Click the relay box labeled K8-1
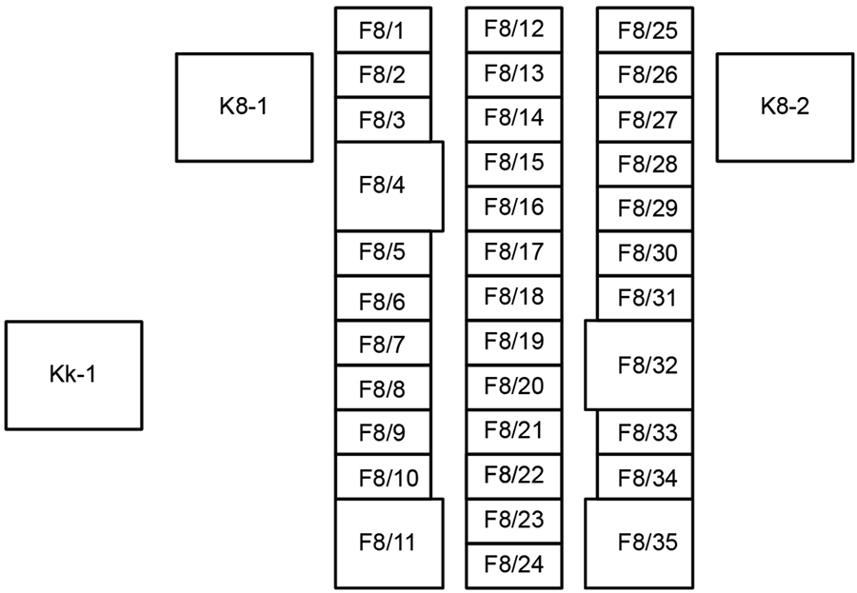click(x=244, y=107)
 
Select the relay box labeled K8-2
click(x=784, y=107)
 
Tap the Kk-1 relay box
click(x=73, y=375)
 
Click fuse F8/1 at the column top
click(x=383, y=30)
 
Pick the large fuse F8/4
click(x=389, y=187)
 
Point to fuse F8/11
click(x=389, y=543)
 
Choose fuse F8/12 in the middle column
click(x=513, y=29)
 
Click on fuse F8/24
click(x=513, y=565)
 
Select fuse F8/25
click(x=648, y=31)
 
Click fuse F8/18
click(x=513, y=297)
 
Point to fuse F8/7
click(x=383, y=345)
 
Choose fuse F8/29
click(x=648, y=208)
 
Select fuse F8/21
click(x=513, y=431)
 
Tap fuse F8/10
click(x=383, y=478)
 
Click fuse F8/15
click(x=513, y=163)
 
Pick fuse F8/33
click(x=648, y=433)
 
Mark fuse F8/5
click(x=383, y=253)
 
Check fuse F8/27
click(x=648, y=121)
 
